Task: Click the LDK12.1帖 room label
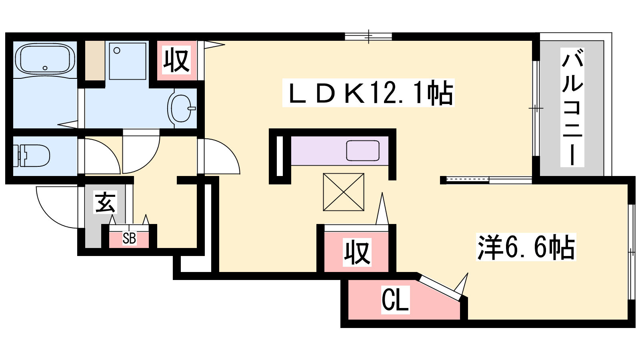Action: (x=368, y=93)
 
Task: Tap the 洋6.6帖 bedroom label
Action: (x=526, y=247)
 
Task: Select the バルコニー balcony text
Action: (x=572, y=107)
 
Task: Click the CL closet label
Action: (x=396, y=300)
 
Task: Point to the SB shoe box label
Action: (x=129, y=238)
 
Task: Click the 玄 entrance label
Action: (x=105, y=202)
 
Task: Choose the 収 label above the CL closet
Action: (x=357, y=252)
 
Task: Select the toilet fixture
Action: (x=32, y=156)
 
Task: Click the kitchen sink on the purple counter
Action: (x=363, y=150)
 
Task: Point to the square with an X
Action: (x=344, y=192)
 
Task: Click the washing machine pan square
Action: (x=128, y=61)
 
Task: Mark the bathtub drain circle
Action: (x=45, y=68)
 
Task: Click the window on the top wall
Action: (x=368, y=36)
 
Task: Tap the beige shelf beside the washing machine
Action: (x=95, y=60)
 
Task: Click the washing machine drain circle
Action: (x=117, y=50)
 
